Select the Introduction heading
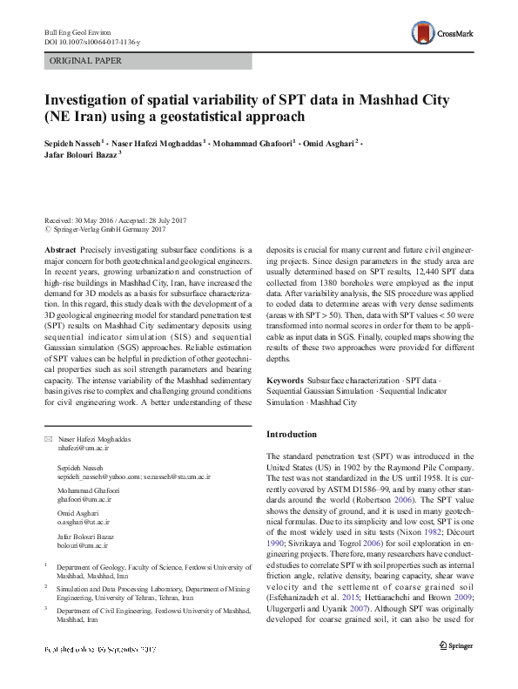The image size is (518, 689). (x=292, y=434)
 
